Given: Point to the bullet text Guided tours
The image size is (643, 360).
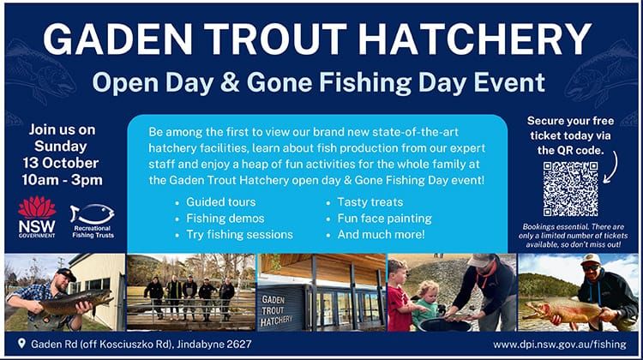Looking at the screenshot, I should coord(220,201).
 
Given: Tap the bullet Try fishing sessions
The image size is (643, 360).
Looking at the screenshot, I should coord(239,234).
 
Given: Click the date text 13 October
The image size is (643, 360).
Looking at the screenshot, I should coord(66,162).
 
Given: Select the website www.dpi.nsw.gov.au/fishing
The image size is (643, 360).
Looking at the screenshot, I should coord(561,345).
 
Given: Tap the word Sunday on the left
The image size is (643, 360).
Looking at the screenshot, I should coord(66,146).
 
